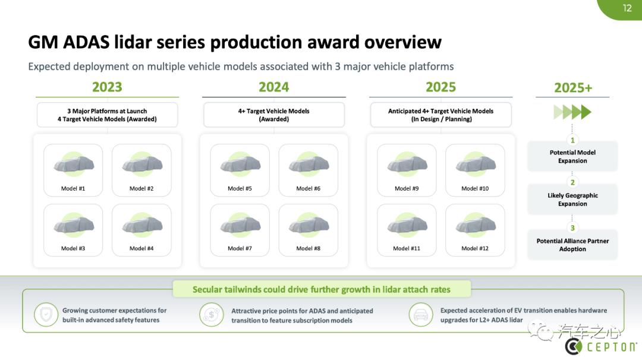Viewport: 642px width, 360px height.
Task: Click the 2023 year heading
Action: (107, 87)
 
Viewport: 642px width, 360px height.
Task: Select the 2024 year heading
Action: (273, 87)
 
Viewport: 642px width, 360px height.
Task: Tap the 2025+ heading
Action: (573, 87)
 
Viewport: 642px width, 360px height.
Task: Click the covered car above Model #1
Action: (74, 165)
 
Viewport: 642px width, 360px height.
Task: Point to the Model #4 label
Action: (141, 248)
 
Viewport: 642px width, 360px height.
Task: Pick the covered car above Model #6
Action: (309, 165)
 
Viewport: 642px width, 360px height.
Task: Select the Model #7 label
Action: (240, 248)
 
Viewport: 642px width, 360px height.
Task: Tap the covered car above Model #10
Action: (476, 165)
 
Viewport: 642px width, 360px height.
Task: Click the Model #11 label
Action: (406, 248)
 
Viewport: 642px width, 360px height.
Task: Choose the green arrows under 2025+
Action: (572, 112)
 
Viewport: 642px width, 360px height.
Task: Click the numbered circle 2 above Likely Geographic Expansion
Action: (572, 182)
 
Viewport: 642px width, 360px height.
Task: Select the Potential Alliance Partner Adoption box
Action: (572, 245)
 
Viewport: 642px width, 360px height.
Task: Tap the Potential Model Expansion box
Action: (572, 156)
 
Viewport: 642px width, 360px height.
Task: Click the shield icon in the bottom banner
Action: (46, 315)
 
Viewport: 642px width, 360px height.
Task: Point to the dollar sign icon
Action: (211, 315)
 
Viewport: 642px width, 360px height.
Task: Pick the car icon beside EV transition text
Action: (420, 315)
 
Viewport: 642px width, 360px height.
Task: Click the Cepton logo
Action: (600, 347)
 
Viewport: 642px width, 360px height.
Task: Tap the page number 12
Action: (627, 8)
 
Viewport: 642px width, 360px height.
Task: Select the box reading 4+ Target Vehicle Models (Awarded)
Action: (274, 115)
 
